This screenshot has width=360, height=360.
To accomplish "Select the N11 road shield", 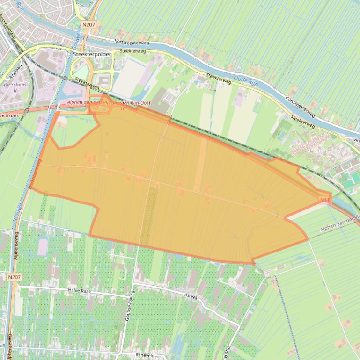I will [x=325, y=200].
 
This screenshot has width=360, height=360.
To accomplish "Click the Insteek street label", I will [x=191, y=297].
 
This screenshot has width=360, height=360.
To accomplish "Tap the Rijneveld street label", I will [x=146, y=355].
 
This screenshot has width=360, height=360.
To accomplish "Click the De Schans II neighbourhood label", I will [x=15, y=87].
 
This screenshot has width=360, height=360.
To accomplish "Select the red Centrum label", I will [x=9, y=115].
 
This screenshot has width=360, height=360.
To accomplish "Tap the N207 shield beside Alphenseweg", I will [x=15, y=277].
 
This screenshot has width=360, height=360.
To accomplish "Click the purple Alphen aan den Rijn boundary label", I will [x=339, y=228].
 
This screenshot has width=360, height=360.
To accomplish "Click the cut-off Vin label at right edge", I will [x=356, y=139].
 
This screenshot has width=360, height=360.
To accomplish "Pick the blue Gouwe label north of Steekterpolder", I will [x=77, y=37].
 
